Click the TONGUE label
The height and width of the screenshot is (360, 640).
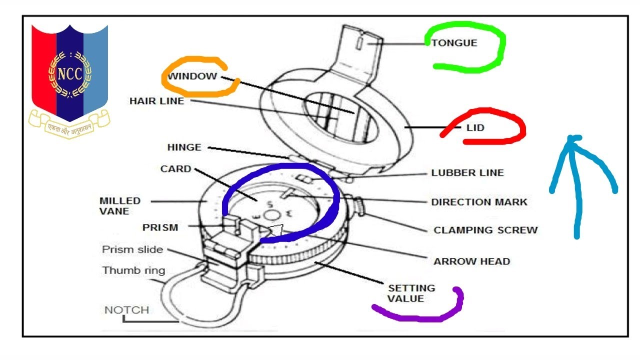[x=454, y=43]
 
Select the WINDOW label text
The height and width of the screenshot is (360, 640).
[x=192, y=76]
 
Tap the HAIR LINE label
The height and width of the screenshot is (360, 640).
[x=156, y=101]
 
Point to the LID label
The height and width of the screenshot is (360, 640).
[x=475, y=128]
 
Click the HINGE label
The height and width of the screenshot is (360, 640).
[x=184, y=147]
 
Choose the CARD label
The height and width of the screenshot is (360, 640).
[x=175, y=169]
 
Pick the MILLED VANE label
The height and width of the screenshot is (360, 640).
[x=120, y=206]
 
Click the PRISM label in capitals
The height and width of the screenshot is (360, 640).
[x=160, y=227]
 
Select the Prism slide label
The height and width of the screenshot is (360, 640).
[x=132, y=249]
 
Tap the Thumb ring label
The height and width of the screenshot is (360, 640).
[x=133, y=270]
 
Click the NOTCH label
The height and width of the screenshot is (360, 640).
[x=126, y=310]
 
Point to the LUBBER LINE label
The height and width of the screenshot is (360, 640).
[x=467, y=173]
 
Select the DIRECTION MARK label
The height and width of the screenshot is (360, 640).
[x=479, y=202]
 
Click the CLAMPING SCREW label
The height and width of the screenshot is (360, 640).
[x=485, y=230]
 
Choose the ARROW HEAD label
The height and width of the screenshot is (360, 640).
[x=471, y=261]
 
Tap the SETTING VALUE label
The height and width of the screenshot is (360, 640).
[x=411, y=293]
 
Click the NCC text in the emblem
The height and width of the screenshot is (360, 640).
[x=69, y=74]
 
